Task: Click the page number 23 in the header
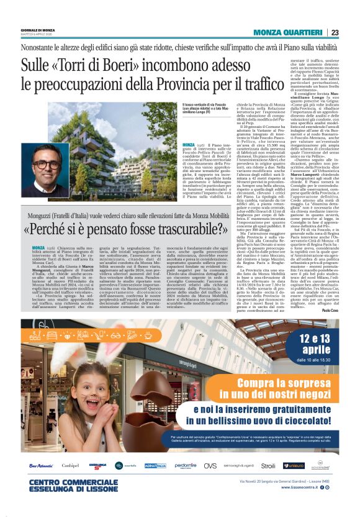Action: click(335, 32)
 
